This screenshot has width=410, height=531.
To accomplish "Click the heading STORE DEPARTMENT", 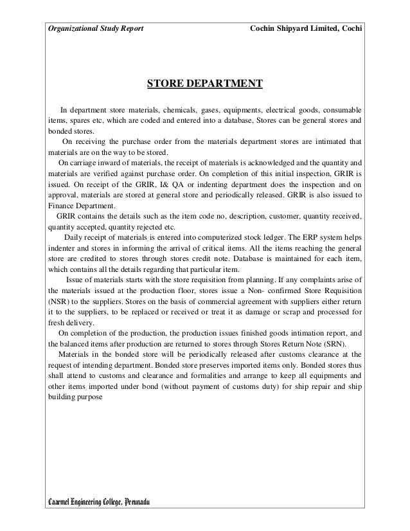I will coord(204,84).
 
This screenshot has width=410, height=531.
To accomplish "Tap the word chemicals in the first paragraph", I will coord(165,109).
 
